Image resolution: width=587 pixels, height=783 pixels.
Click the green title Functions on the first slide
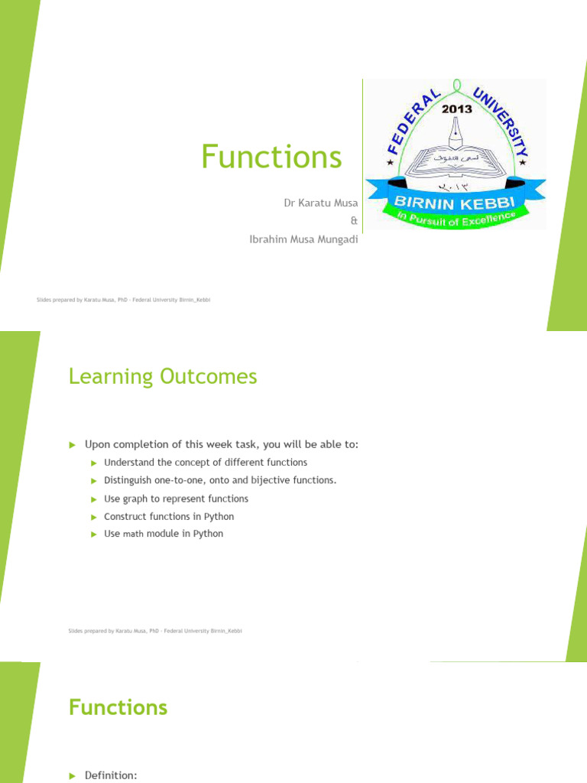point(271,157)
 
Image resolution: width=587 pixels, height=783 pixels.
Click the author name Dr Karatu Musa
point(320,203)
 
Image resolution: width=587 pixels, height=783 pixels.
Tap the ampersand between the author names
point(353,221)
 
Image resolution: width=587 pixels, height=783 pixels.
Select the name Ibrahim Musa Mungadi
point(303,239)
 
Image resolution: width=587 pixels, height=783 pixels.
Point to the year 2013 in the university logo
point(456,109)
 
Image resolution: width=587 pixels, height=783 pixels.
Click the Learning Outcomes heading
point(163,377)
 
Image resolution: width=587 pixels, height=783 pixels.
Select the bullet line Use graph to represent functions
point(176,499)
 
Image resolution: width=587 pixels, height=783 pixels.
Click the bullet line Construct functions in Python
point(169,517)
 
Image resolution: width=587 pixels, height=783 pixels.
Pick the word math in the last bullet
point(133,534)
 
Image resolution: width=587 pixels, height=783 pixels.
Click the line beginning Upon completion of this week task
point(221,444)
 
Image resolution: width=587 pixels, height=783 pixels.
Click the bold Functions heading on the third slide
point(118,707)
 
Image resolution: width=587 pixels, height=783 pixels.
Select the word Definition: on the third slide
point(111,776)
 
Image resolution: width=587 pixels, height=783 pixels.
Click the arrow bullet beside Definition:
point(73,776)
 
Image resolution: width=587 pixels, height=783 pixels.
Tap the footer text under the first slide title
point(123,301)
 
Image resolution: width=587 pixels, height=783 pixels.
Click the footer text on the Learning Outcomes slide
point(155,631)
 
